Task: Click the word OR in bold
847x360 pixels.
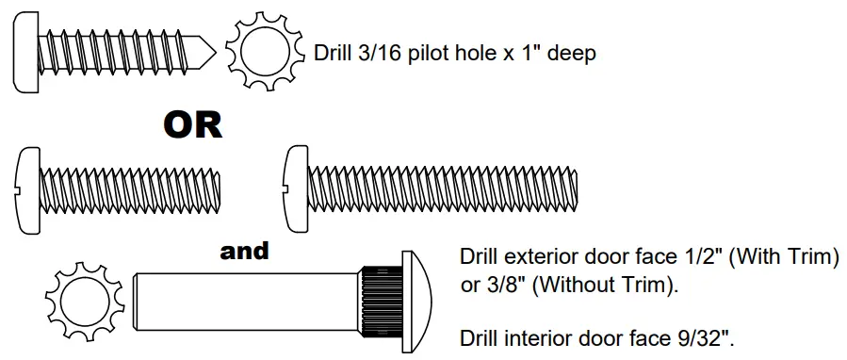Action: pyautogui.click(x=193, y=125)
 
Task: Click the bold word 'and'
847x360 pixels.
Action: pyautogui.click(x=244, y=251)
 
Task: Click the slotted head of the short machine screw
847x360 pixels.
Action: pyautogui.click(x=29, y=188)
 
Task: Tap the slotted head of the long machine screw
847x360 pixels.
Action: pyautogui.click(x=296, y=188)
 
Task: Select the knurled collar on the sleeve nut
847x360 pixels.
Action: pyautogui.click(x=380, y=300)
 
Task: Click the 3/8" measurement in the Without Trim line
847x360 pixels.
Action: pyautogui.click(x=503, y=286)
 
